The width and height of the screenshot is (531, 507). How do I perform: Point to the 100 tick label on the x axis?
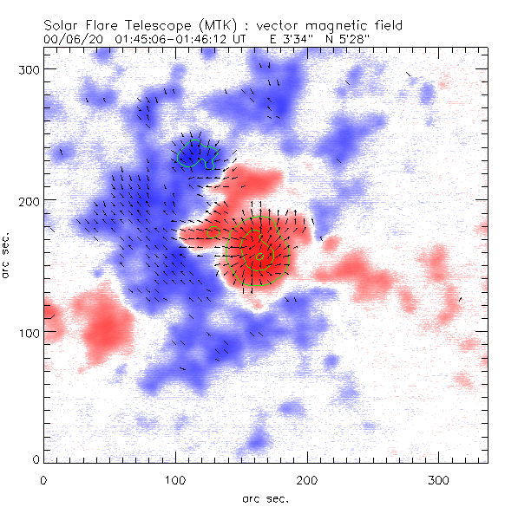174,478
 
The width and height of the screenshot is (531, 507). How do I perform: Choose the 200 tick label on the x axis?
305,478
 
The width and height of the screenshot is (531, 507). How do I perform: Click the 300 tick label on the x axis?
437,478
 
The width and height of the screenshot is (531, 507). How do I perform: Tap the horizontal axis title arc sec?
265,497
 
